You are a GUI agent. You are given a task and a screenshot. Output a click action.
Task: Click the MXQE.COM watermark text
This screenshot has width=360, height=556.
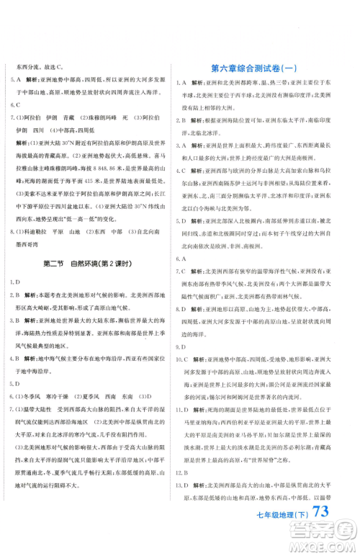coord(324,547)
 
